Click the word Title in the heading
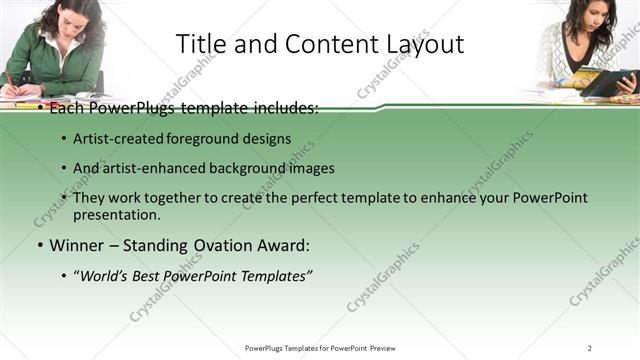[x=200, y=44]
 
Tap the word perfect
[x=336, y=198]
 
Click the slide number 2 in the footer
[x=589, y=348]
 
